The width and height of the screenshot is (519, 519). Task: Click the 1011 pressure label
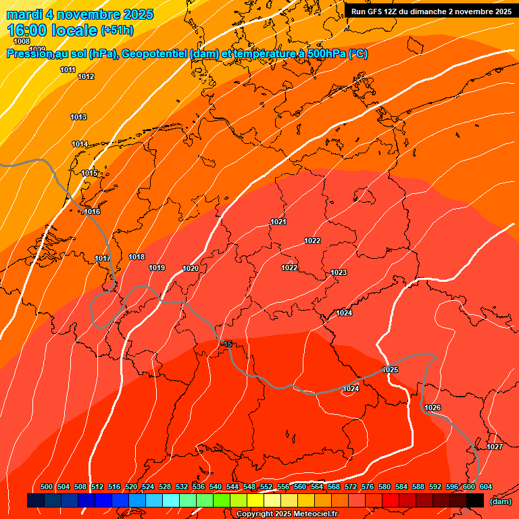(68, 70)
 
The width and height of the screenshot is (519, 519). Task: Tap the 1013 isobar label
(78, 117)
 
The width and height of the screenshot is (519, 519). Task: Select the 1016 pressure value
(92, 212)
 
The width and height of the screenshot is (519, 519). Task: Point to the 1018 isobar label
(137, 257)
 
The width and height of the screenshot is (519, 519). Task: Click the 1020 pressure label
(191, 268)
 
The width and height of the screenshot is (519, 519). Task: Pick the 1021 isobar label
(278, 222)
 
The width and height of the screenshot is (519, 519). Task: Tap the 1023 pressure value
(339, 272)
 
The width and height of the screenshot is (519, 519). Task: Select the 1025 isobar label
(390, 370)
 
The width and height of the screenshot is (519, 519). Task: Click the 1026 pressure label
(432, 407)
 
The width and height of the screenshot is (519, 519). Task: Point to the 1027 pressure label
(494, 447)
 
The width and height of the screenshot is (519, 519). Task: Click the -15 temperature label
(228, 344)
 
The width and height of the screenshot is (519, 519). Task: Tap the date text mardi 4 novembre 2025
(80, 14)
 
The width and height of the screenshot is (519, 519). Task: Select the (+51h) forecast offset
(117, 30)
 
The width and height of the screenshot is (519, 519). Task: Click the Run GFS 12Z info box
(431, 11)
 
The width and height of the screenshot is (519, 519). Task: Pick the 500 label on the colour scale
(47, 487)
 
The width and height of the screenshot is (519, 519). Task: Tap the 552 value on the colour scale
(266, 487)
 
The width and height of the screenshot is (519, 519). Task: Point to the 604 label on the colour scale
(485, 487)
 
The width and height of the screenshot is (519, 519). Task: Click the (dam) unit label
(500, 501)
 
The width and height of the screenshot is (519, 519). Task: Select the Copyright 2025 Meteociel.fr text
(287, 514)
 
